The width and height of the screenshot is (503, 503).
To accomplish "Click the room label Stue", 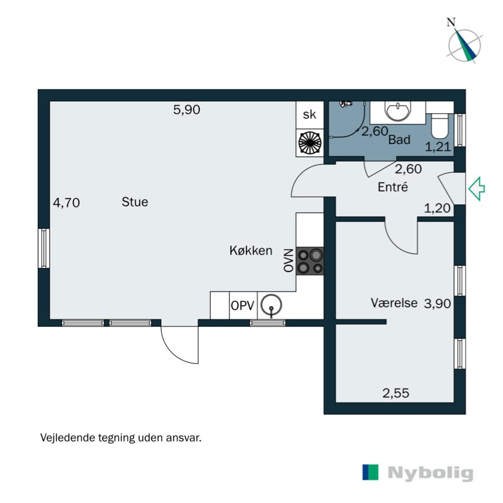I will [x=135, y=202].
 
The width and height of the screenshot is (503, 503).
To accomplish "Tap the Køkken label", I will [x=250, y=251].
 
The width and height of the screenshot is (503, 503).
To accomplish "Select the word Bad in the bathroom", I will [x=399, y=140].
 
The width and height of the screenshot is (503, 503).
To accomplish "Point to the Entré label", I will [x=393, y=187].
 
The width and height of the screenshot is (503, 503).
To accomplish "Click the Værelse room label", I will [x=394, y=303].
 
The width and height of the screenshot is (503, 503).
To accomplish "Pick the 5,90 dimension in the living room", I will [x=187, y=110].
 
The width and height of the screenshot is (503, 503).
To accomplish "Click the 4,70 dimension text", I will [x=67, y=202].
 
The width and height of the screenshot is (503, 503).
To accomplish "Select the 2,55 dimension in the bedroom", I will [x=396, y=394].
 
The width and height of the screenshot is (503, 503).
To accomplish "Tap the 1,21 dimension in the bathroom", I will [x=438, y=148].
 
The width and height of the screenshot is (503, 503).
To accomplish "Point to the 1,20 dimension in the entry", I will [x=438, y=209].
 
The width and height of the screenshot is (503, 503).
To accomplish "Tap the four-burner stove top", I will [x=310, y=261].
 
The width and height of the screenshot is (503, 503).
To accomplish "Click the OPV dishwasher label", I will [x=242, y=306].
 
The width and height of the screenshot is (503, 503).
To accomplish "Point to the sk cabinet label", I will [x=309, y=114].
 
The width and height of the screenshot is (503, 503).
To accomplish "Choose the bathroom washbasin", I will [x=397, y=112].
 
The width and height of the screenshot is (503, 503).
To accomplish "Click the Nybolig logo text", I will [x=430, y=473].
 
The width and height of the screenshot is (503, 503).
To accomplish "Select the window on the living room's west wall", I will [x=43, y=248].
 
